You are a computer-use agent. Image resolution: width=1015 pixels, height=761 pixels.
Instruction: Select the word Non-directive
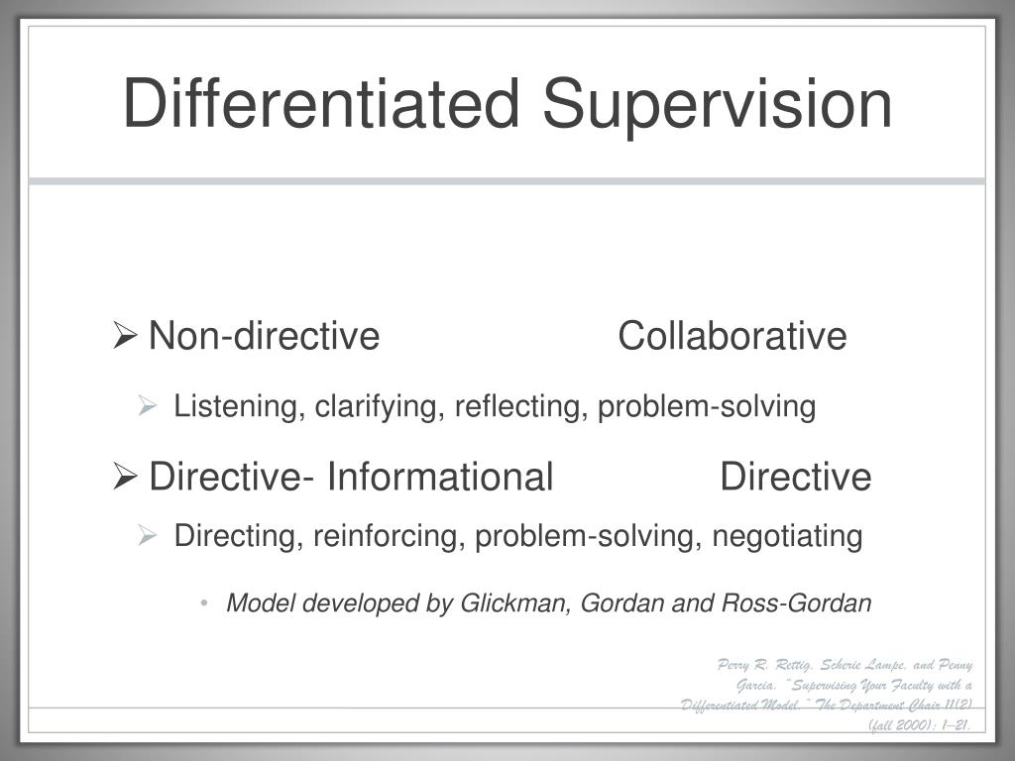(264, 337)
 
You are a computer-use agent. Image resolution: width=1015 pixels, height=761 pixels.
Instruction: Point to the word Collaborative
(732, 337)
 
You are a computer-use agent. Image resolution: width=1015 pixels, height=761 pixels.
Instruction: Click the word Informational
(440, 478)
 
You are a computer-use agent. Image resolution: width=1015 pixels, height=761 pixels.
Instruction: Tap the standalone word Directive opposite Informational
(796, 478)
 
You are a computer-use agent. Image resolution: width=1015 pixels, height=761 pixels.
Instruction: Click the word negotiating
(788, 537)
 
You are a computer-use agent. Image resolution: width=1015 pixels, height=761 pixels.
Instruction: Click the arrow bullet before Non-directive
(125, 337)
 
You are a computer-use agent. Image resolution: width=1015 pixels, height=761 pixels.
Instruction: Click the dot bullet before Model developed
(203, 603)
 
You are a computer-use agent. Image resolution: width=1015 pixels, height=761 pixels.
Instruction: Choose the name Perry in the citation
(738, 665)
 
